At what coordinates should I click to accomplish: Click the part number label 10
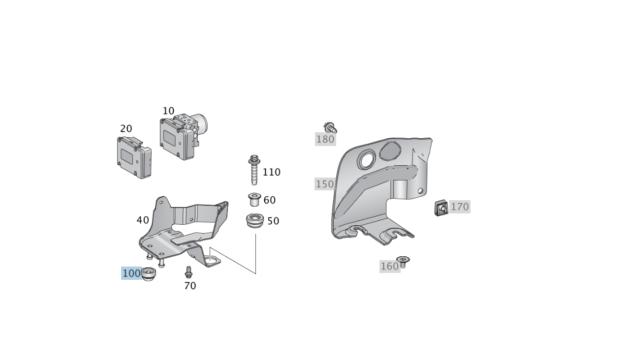(x=168, y=111)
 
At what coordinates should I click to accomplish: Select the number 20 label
(x=126, y=129)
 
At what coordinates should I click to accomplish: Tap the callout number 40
(x=142, y=220)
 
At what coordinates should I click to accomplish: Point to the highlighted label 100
(x=131, y=273)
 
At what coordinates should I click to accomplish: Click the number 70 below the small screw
(x=190, y=286)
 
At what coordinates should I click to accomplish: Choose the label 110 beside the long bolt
(x=272, y=172)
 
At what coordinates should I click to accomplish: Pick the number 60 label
(x=270, y=200)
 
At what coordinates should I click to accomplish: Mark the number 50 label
(x=273, y=221)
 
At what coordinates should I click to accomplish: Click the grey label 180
(x=325, y=139)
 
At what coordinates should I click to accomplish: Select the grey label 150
(x=325, y=184)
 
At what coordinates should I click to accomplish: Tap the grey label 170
(x=460, y=207)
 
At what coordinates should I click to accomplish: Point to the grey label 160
(x=390, y=266)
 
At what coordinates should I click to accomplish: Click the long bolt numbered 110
(x=254, y=170)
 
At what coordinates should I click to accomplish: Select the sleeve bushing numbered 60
(x=254, y=200)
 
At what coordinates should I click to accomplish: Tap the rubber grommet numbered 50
(x=255, y=221)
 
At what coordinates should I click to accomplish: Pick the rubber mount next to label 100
(x=148, y=274)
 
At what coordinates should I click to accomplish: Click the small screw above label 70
(x=188, y=272)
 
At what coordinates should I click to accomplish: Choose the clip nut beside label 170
(x=441, y=208)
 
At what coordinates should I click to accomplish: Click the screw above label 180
(x=330, y=127)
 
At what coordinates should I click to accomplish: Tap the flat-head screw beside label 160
(x=403, y=262)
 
